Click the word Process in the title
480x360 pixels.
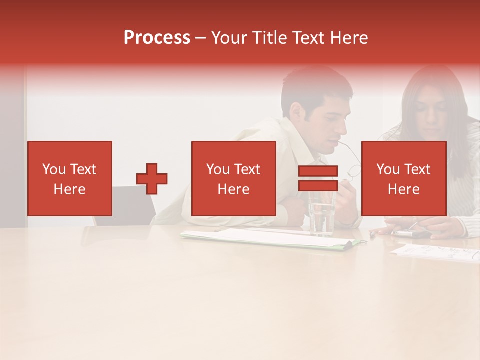[x=157, y=38]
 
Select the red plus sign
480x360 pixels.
[x=152, y=179]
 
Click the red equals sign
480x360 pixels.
[x=318, y=179]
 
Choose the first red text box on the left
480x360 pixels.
[x=70, y=179]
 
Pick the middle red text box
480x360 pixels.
[x=234, y=179]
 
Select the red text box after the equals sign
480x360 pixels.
[x=404, y=179]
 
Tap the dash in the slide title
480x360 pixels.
[x=201, y=38]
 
